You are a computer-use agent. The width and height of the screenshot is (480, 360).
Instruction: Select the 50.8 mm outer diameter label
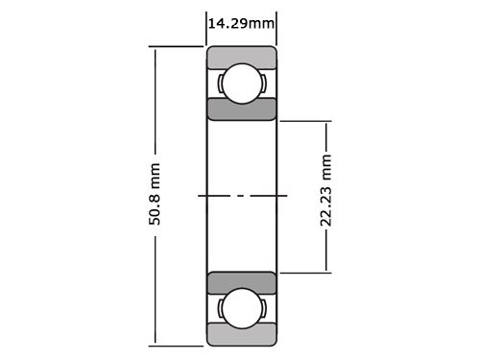[x=155, y=196]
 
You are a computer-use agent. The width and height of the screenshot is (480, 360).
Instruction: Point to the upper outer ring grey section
[x=242, y=56]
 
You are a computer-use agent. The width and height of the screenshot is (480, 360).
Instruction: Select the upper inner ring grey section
[x=242, y=108]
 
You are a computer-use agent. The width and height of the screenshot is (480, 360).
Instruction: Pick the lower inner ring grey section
[x=242, y=282]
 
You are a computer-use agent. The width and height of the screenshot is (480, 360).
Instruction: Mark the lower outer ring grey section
[x=242, y=335]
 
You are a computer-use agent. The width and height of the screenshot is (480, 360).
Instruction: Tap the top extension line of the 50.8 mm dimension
[x=178, y=46]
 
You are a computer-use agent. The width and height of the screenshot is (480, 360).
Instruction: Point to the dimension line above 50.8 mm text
[x=155, y=106]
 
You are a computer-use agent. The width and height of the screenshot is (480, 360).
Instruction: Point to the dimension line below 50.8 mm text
[x=155, y=288]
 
